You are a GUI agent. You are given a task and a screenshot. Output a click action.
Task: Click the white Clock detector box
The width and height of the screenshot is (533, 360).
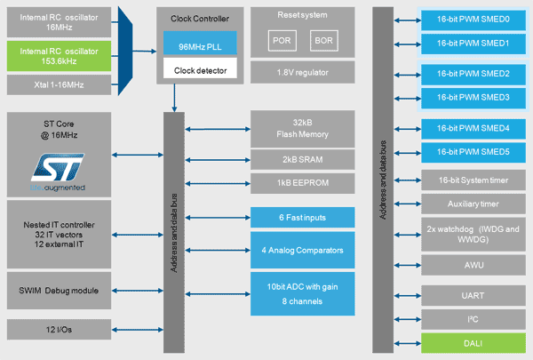pos(200,68)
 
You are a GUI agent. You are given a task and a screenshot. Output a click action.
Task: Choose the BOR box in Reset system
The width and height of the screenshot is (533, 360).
pos(324,41)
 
